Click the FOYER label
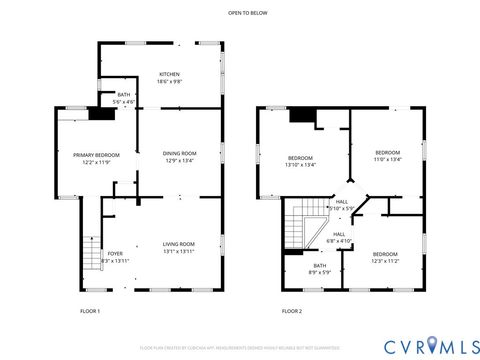coord(115,254)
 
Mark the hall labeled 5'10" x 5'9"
coord(342,204)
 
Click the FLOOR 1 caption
coord(90,311)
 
